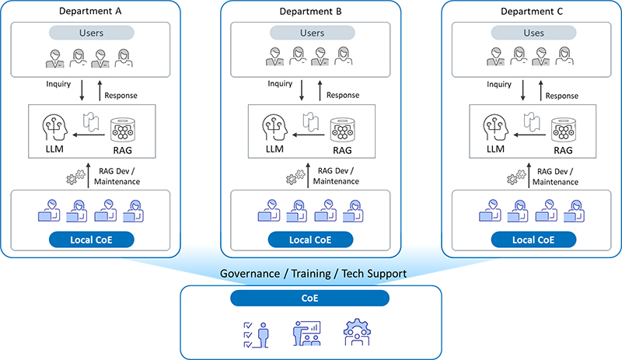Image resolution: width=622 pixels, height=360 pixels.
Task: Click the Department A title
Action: point(91,12)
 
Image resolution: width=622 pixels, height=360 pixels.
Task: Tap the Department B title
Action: point(311,12)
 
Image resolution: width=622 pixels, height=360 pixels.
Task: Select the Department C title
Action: point(533,12)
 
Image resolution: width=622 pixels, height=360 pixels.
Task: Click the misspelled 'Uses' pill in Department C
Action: point(533,33)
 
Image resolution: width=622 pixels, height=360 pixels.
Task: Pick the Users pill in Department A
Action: point(91,33)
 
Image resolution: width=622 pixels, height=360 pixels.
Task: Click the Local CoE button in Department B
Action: point(311,238)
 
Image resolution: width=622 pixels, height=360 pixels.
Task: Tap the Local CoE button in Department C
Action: point(532,238)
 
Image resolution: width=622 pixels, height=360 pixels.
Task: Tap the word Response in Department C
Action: point(562,96)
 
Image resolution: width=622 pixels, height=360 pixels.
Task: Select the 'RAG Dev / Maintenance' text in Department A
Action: point(116,176)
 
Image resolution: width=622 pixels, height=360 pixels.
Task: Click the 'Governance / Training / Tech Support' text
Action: point(311,274)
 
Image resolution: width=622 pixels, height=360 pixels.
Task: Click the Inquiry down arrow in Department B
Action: point(302,87)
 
